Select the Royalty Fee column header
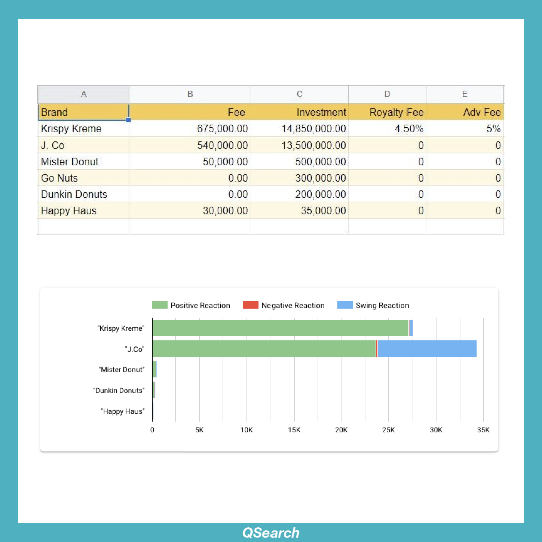pyautogui.click(x=396, y=112)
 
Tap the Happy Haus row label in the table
pyautogui.click(x=69, y=211)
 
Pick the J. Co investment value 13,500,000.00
pyautogui.click(x=313, y=146)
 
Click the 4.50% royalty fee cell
pyautogui.click(x=409, y=129)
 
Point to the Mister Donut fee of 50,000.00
pyautogui.click(x=225, y=162)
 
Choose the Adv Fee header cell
pyautogui.click(x=481, y=112)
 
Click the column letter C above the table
pyautogui.click(x=299, y=94)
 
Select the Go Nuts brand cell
pyautogui.click(x=59, y=178)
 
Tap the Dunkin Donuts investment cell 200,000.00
pyautogui.click(x=320, y=194)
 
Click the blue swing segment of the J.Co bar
pyautogui.click(x=427, y=349)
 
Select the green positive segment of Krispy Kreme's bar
pyautogui.click(x=280, y=328)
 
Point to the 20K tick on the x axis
pyautogui.click(x=341, y=430)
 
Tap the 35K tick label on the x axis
pyautogui.click(x=483, y=430)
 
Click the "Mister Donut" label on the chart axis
pyautogui.click(x=121, y=369)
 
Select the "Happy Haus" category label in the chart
pyautogui.click(x=122, y=411)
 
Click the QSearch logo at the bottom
pyautogui.click(x=271, y=533)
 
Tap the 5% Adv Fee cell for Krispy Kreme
pyautogui.click(x=493, y=129)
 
